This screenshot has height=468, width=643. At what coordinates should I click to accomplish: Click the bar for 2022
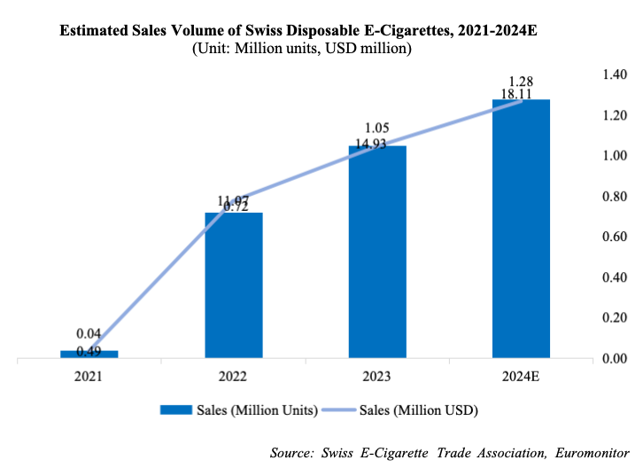[234, 285]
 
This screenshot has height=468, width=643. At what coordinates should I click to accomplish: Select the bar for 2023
[377, 253]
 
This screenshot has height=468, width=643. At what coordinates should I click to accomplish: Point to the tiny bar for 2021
[89, 354]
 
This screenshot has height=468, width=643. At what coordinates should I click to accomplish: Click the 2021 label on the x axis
[89, 376]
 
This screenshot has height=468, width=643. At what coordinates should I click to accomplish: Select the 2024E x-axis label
[521, 376]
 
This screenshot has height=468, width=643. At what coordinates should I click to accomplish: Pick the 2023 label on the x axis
[377, 376]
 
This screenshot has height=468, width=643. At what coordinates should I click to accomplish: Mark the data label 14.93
[377, 144]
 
